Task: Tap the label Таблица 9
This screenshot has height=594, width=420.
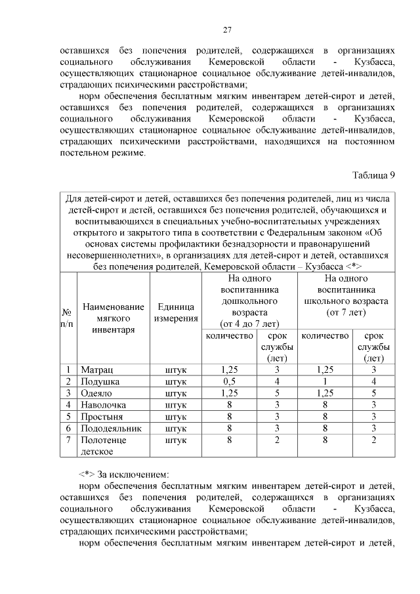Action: (x=373, y=175)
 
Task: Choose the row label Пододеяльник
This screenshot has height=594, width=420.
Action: (x=109, y=428)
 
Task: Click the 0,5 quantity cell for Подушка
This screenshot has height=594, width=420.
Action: (x=230, y=381)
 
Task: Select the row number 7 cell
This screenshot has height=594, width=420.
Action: (x=68, y=440)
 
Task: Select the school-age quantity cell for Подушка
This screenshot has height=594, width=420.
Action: (x=325, y=381)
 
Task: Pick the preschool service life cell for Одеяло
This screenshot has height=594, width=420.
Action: (x=278, y=393)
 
